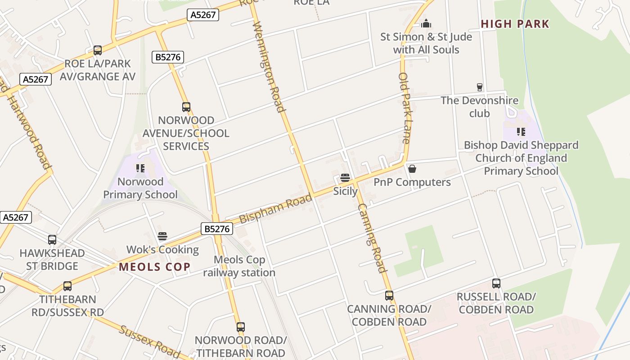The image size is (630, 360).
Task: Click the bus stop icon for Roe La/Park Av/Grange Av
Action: point(98,50)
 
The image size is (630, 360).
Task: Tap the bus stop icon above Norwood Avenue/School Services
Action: point(186,107)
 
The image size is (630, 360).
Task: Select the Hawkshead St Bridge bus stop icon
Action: point(52,240)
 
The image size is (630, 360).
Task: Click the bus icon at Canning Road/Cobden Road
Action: point(389,296)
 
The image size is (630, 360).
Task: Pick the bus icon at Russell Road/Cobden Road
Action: point(496,283)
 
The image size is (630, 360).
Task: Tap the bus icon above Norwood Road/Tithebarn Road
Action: point(241,327)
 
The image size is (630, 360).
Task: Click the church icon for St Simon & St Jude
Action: point(426,23)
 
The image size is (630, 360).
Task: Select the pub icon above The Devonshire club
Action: point(480,87)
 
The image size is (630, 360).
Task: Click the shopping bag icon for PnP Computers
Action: point(412,169)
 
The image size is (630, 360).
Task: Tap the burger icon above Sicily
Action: point(345,178)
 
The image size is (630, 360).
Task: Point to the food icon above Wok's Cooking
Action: point(162,236)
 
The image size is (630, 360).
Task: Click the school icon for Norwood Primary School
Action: point(140,168)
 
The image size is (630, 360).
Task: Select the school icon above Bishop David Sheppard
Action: point(521,132)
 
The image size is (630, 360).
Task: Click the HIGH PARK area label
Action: point(515,24)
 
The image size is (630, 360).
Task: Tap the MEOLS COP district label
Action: point(154,267)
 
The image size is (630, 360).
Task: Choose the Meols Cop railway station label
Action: point(239,266)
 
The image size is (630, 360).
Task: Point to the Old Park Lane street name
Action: point(404,108)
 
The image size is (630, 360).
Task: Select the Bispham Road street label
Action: point(275,208)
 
